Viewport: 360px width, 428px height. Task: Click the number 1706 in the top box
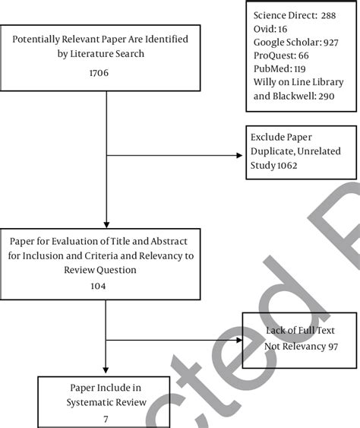(x=106, y=75)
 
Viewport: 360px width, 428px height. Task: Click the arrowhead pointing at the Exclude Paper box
(x=240, y=157)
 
